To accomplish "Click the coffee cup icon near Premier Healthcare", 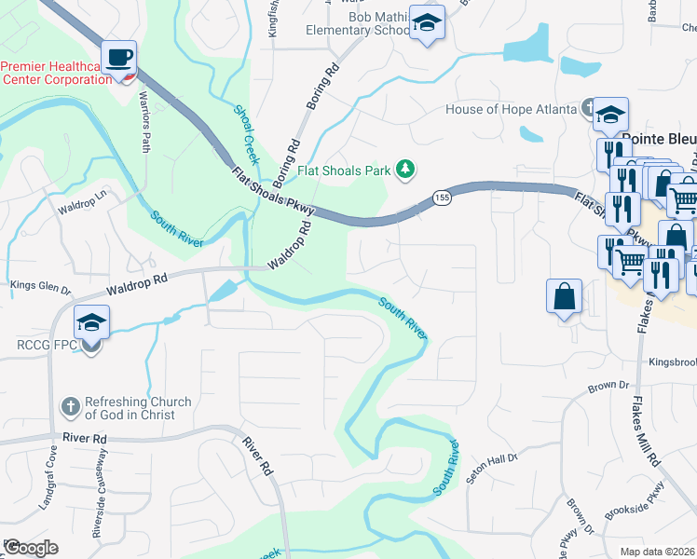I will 119,56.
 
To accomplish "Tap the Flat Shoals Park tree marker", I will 405,170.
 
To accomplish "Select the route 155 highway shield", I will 442,198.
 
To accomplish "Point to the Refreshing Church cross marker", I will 69,407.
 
